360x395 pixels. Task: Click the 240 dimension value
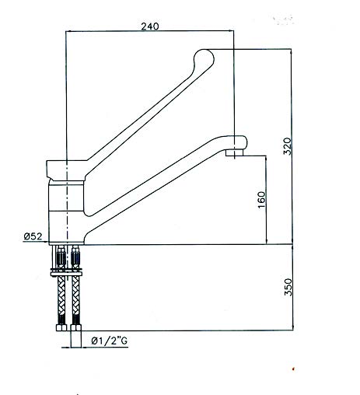pos(150,26)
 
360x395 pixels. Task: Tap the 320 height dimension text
pos(287,146)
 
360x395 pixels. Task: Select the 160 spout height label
pos(262,200)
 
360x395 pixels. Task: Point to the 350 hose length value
pos(288,287)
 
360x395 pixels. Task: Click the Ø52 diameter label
pos(33,236)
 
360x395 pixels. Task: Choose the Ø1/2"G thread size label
pos(110,341)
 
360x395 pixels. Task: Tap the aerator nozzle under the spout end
pos(234,152)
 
